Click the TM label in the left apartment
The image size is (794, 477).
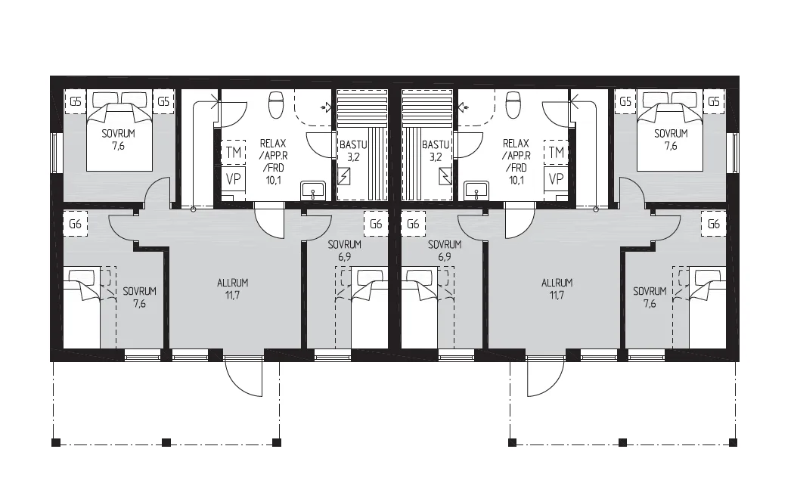coord(234,153)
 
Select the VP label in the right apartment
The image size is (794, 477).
coord(556,179)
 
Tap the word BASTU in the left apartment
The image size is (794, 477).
coord(353,145)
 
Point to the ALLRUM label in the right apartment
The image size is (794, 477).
coord(557,283)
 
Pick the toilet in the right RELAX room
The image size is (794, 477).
coord(513,104)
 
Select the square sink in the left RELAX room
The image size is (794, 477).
coord(313,191)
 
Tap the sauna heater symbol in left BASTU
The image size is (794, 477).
coord(344,176)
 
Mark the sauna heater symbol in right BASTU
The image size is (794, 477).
coord(445,176)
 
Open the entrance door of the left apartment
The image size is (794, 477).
coord(243,376)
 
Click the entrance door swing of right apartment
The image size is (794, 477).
coord(545,376)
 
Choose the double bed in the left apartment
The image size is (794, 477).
coord(119,131)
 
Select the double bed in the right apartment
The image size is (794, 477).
coord(669,131)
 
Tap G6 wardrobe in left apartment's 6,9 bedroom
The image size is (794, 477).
coord(376,224)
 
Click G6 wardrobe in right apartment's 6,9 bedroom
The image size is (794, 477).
coord(413,224)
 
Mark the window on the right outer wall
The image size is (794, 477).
coord(733,153)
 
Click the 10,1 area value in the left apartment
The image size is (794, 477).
coord(274,180)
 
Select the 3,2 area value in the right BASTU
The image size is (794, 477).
coord(436,157)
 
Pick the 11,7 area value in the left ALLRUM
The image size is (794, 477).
coord(232,296)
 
